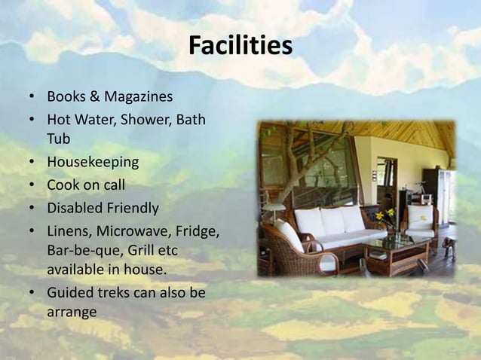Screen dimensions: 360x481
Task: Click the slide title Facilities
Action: [x=240, y=47]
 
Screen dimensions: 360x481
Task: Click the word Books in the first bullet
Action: [x=66, y=97]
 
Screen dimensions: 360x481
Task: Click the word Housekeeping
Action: [x=93, y=162]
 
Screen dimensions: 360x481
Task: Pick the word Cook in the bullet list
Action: [x=63, y=185]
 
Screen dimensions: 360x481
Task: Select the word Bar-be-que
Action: [x=81, y=249]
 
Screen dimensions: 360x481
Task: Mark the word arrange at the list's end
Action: [x=72, y=312]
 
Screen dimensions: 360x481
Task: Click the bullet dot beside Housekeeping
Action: [x=32, y=163]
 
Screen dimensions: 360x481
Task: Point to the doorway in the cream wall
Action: [x=386, y=181]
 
